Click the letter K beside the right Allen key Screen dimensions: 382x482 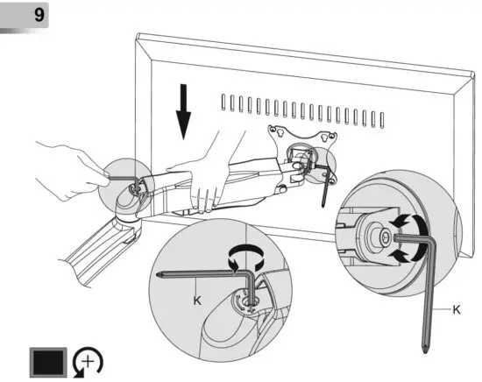point(457,310)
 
